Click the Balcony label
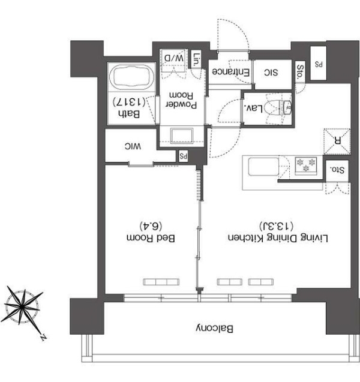(x=214, y=329)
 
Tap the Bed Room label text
(x=151, y=238)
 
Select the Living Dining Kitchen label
(x=278, y=238)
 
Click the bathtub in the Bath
(x=131, y=76)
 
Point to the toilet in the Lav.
(x=277, y=107)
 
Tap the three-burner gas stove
(x=306, y=165)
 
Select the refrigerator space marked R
(x=337, y=142)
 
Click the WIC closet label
(x=133, y=146)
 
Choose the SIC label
(x=271, y=73)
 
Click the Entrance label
(x=230, y=72)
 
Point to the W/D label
(x=174, y=58)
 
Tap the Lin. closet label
(x=196, y=60)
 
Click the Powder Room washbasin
(x=182, y=136)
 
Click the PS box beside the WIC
(x=183, y=156)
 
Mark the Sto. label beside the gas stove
(x=337, y=170)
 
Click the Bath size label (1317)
(x=129, y=102)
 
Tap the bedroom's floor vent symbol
(x=161, y=282)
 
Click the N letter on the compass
(x=44, y=338)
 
